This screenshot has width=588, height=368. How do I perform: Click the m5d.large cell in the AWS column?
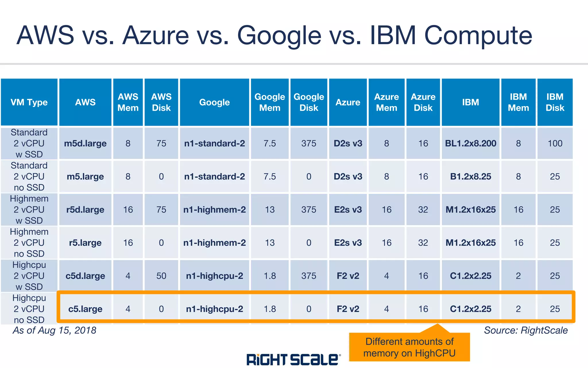tap(85, 143)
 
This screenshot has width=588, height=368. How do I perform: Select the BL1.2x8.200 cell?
tap(471, 143)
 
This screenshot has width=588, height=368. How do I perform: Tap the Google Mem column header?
tap(270, 102)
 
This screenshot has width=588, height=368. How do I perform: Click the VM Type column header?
tap(29, 102)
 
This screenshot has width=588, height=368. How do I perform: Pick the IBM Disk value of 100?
tap(555, 143)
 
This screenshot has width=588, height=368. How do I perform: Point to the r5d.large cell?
tap(85, 210)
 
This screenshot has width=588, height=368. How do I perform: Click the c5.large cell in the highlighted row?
tap(85, 309)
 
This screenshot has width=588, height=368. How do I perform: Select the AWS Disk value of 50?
tap(161, 276)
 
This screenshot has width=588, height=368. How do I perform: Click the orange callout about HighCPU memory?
tap(409, 347)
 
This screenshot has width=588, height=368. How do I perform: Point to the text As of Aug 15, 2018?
tap(55, 330)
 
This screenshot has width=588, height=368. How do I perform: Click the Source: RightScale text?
tap(526, 330)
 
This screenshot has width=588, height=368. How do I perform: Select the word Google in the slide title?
tap(279, 35)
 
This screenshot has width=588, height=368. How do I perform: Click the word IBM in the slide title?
tap(393, 35)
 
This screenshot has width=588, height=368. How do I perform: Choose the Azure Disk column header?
tap(423, 102)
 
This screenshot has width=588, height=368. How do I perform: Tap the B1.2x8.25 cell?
tap(471, 176)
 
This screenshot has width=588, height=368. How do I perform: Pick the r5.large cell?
tap(85, 243)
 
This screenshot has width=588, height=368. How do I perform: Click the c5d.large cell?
tap(85, 276)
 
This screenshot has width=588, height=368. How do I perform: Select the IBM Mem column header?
tap(518, 102)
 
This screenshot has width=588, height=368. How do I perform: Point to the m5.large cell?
tap(85, 176)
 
